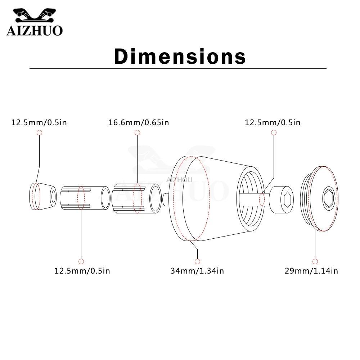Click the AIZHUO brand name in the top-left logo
[x=35, y=31]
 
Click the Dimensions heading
[x=180, y=56]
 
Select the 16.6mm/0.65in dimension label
[x=139, y=122]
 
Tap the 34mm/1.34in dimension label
[x=197, y=271]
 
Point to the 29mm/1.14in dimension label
[x=311, y=271]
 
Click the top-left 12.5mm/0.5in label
[x=39, y=122]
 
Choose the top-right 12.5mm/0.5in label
[x=273, y=122]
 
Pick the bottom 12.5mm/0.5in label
[x=82, y=271]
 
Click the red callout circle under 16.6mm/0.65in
[x=137, y=132]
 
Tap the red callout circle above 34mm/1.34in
[x=197, y=261]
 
